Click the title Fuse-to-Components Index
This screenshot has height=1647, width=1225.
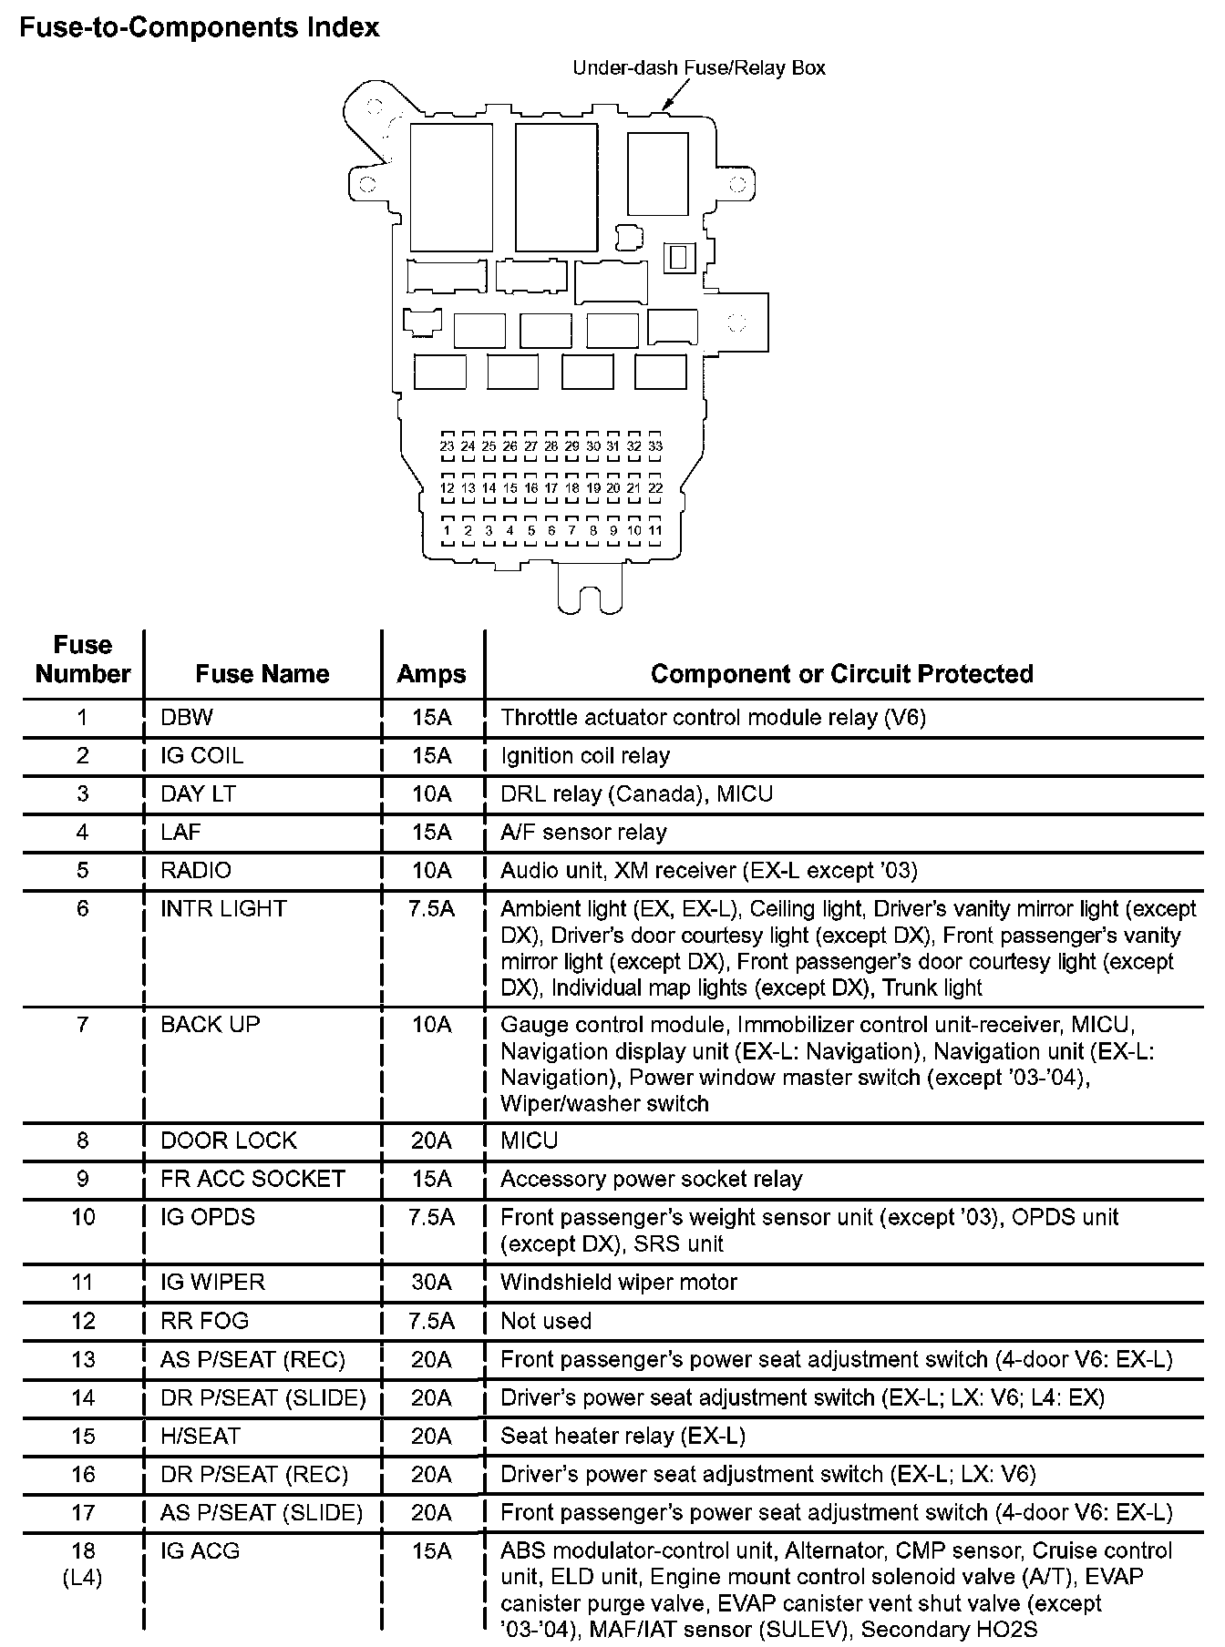pos(200,28)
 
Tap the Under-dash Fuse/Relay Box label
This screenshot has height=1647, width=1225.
pos(698,68)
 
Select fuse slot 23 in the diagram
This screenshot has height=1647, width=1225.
pos(447,446)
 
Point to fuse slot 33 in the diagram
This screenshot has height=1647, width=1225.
pos(655,446)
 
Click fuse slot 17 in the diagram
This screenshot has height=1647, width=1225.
pos(551,488)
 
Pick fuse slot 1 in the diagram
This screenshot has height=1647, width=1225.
pos(447,530)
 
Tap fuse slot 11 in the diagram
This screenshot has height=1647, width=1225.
pos(655,530)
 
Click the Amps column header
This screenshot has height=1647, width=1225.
pos(431,674)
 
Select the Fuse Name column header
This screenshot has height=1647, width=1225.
pos(262,674)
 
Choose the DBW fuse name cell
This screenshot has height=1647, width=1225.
pos(187,718)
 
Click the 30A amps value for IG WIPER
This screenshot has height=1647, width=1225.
pos(431,1283)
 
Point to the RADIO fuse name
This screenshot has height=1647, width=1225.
pos(196,871)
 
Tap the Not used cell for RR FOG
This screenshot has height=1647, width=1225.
pos(546,1321)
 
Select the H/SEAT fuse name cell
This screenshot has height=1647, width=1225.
pos(201,1437)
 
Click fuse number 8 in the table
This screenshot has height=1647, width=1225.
pos(83,1141)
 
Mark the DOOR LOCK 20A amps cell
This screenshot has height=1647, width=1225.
pos(431,1141)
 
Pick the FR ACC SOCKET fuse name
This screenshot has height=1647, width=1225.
pos(252,1179)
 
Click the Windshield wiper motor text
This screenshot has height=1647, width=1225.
pos(619,1283)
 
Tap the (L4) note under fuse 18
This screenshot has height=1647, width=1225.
pos(83,1577)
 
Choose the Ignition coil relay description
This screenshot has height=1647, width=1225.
pos(585,756)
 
